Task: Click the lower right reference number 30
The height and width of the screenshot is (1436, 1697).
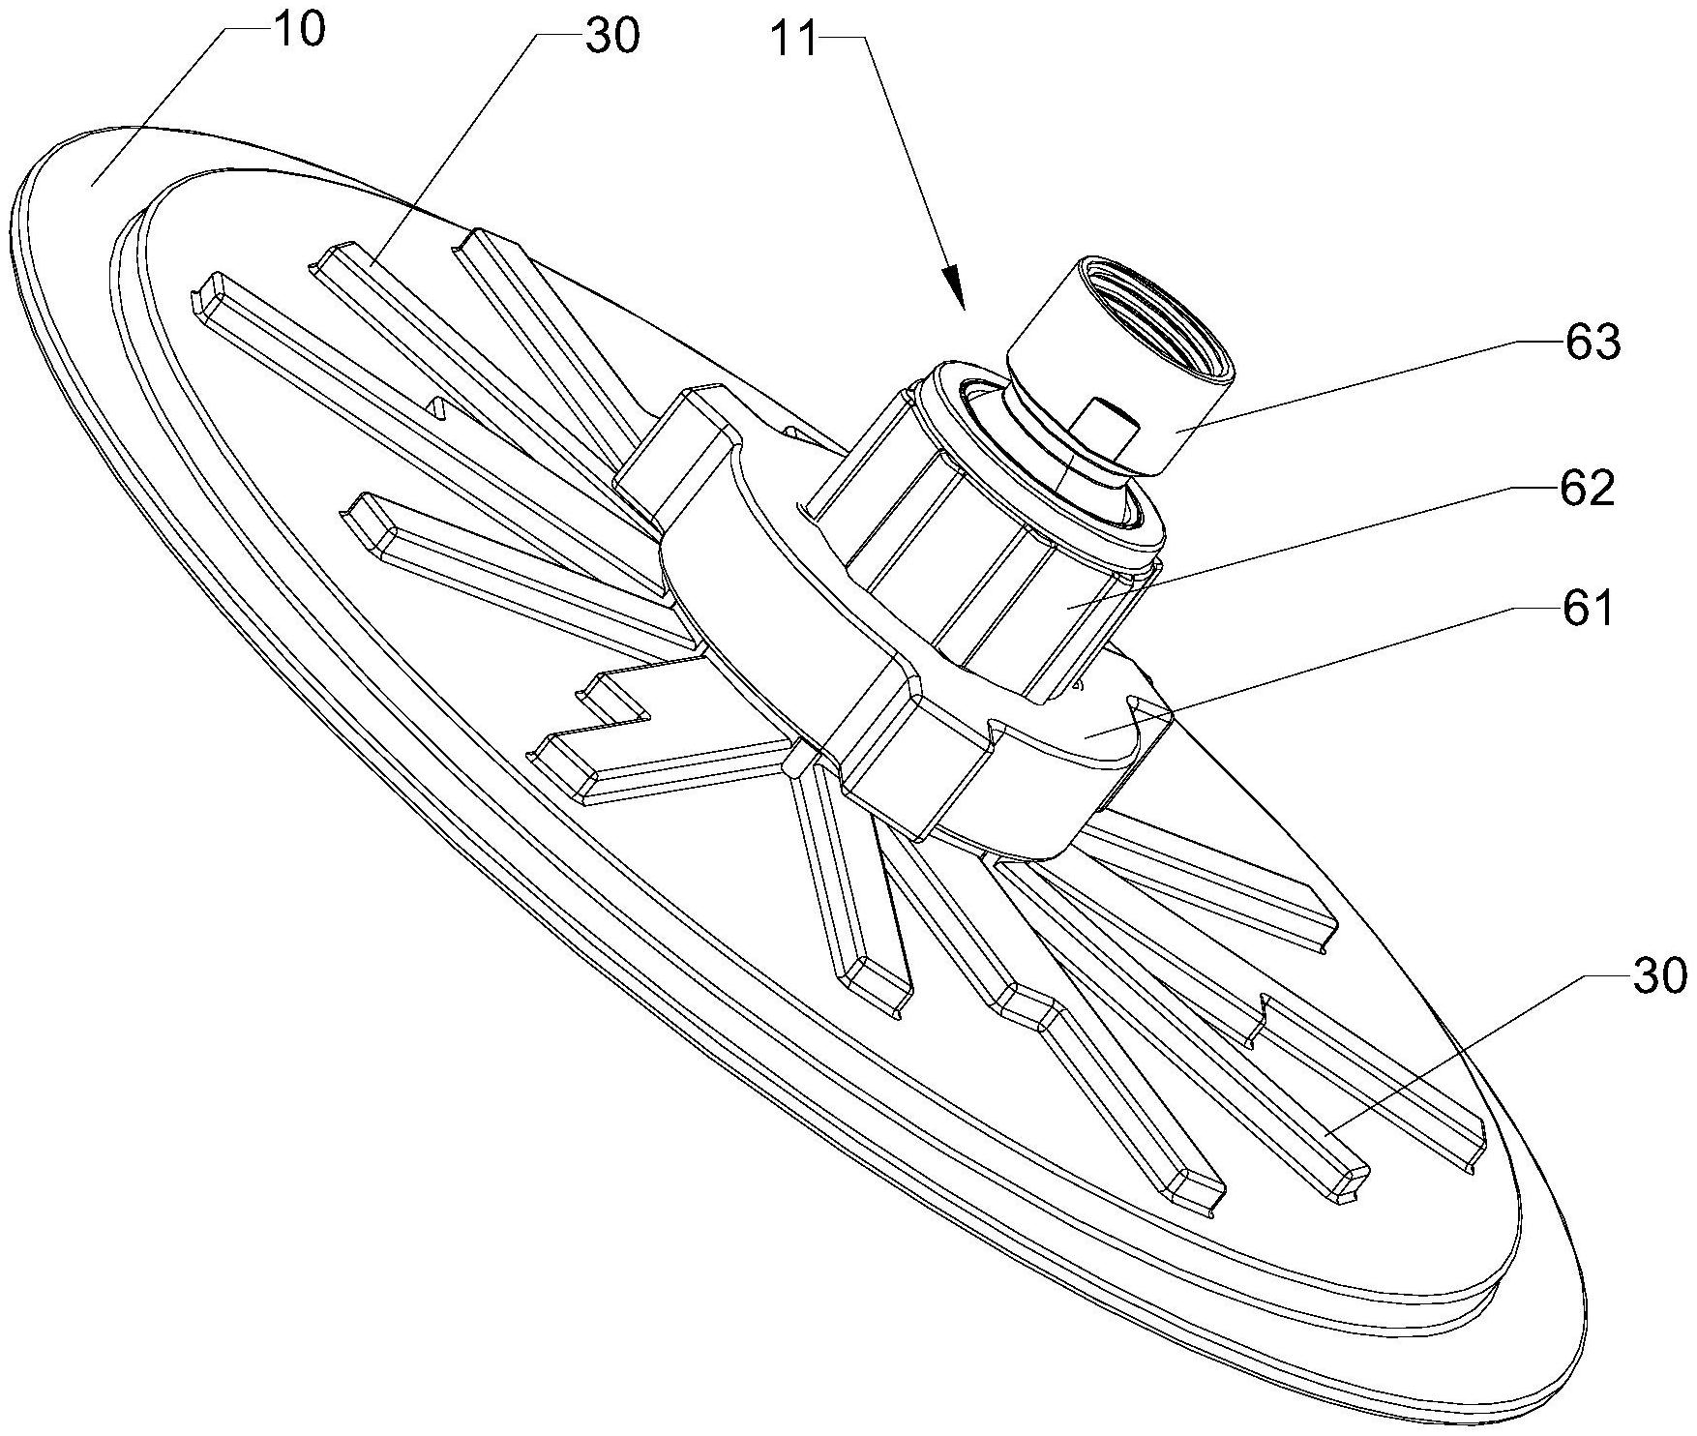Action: pyautogui.click(x=1658, y=977)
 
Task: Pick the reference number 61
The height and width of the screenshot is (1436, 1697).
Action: pyautogui.click(x=1588, y=610)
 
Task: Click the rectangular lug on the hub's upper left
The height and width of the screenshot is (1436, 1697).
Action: pyautogui.click(x=677, y=445)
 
